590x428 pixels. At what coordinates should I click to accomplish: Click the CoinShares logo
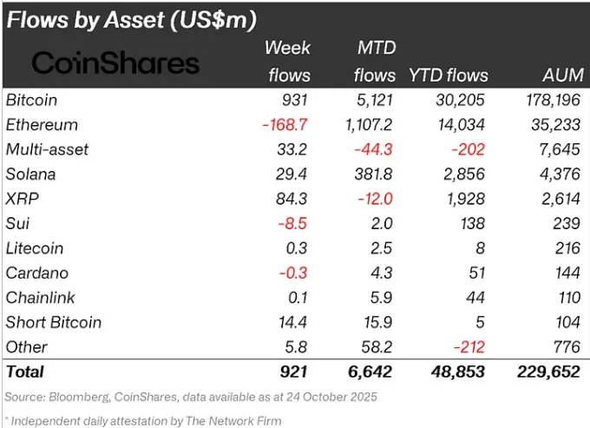(x=115, y=63)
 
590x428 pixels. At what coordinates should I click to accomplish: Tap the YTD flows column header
(x=448, y=76)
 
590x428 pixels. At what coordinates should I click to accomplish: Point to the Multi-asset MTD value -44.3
(x=374, y=149)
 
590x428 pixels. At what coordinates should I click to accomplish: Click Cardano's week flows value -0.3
(x=295, y=273)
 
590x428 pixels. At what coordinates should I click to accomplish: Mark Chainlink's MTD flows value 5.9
(x=382, y=297)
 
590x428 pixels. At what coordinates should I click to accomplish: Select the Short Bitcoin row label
(x=54, y=322)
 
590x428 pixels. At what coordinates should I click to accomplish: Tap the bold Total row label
(x=25, y=372)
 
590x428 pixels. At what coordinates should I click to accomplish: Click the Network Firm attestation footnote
(x=144, y=420)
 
